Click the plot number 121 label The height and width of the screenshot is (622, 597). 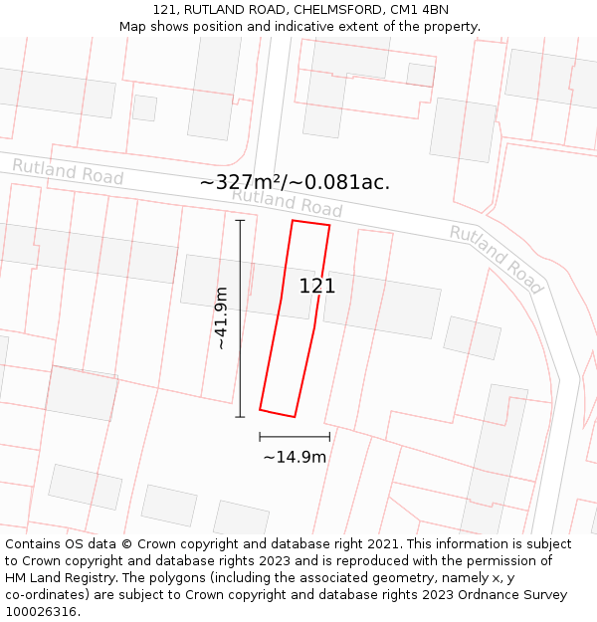tap(317, 287)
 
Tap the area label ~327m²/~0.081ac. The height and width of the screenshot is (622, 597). tap(295, 183)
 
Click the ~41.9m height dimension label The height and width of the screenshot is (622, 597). tap(221, 317)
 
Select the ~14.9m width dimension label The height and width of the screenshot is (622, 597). tap(295, 458)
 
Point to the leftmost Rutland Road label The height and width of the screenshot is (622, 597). tap(68, 171)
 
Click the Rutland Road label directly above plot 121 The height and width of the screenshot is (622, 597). tap(287, 202)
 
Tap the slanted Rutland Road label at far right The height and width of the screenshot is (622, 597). tap(496, 259)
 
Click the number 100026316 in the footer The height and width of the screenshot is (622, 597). tap(41, 612)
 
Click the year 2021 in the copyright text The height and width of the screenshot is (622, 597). tap(381, 544)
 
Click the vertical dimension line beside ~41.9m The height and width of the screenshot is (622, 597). tap(240, 318)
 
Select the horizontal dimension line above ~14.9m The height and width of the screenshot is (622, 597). tap(295, 436)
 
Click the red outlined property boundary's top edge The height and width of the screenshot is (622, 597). tap(310, 223)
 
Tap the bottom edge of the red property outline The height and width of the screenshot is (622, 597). tap(278, 413)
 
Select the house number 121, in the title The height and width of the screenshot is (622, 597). tap(167, 10)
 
